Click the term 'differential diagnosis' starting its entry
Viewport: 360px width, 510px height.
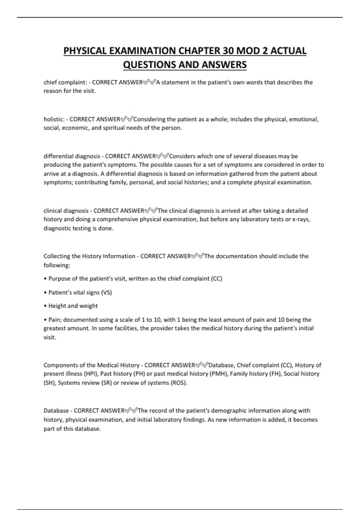(72, 156)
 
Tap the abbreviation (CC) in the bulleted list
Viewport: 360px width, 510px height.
(217, 279)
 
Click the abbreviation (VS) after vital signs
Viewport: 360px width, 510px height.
(106, 292)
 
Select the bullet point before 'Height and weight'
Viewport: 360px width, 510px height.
(45, 306)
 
